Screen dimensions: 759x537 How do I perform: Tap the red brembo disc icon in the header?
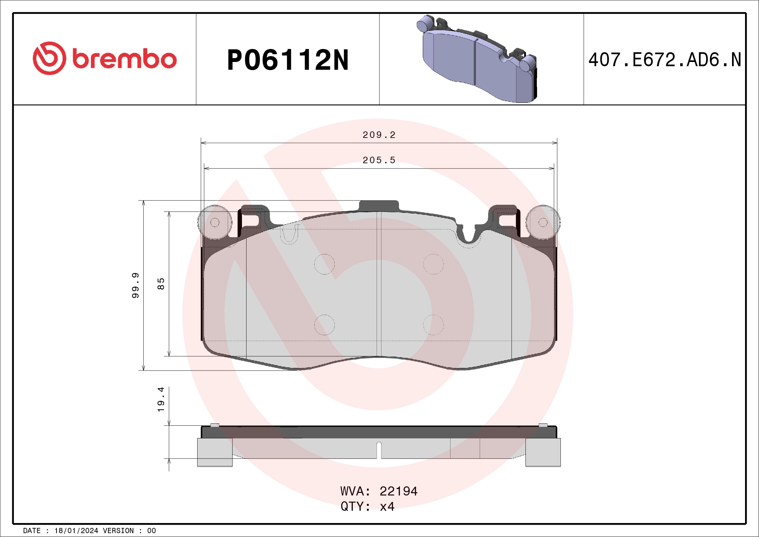coord(49,58)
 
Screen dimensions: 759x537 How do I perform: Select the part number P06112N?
coord(288,60)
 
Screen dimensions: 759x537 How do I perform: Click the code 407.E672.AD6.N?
coord(665,60)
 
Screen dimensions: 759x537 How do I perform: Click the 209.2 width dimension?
coord(379,135)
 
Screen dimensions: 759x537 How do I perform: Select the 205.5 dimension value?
coord(379,160)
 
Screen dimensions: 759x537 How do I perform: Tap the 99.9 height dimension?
coord(136,285)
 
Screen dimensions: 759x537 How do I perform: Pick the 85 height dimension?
coord(161,284)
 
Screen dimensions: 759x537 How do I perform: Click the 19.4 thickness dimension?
coord(161,399)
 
